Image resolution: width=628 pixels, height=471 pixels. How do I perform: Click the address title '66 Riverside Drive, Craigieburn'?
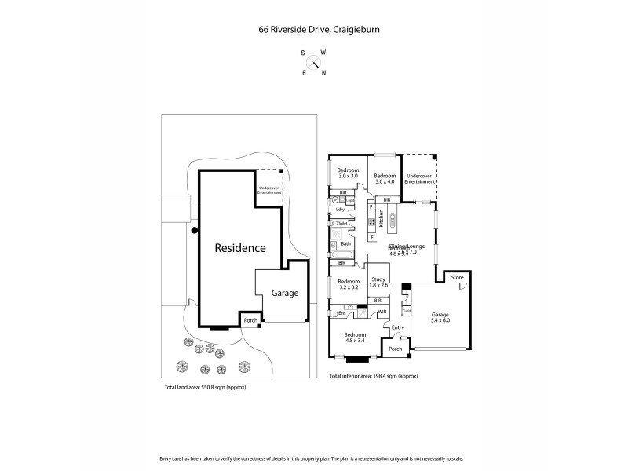coord(314,31)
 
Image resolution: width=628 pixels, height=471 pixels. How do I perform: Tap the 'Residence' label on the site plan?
coord(240,247)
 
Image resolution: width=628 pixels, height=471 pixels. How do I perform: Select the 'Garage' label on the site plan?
coord(284,293)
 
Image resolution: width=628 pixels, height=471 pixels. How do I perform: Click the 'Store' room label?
coord(457,278)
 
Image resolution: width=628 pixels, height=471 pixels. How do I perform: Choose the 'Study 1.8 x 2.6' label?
coord(378,281)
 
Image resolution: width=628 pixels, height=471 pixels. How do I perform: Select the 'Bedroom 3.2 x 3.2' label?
coord(348,285)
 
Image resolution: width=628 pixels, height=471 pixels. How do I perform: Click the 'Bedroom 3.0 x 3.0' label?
coord(348,173)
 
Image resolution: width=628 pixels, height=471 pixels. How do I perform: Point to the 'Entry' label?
coord(397,327)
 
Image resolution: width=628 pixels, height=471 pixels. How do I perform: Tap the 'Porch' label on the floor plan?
coord(395,349)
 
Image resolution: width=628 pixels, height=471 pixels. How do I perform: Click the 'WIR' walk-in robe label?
coord(382,312)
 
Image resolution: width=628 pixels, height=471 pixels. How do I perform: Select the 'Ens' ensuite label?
coord(341,312)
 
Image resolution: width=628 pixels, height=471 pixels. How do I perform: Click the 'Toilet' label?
coord(343,223)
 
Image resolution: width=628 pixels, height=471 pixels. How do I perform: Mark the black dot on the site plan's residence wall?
coord(194,230)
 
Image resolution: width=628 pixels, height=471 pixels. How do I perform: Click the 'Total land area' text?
coord(203,388)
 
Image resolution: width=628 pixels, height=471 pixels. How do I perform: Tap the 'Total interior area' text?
coord(374,377)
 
